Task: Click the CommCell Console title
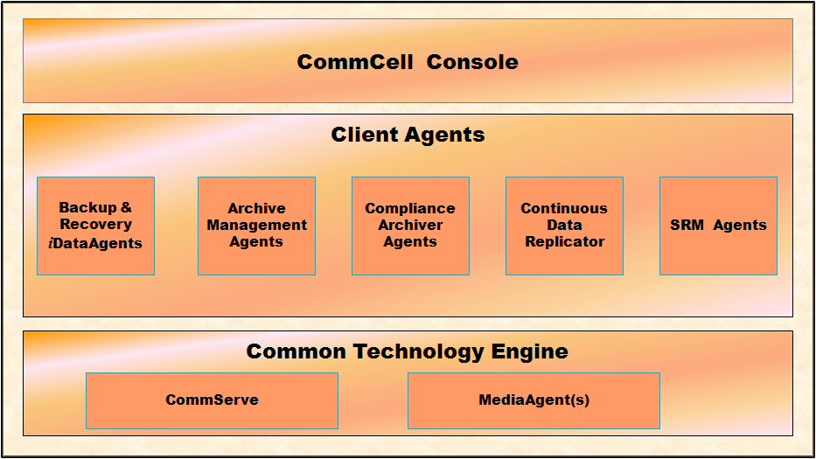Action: pos(408,62)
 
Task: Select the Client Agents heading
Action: pos(408,135)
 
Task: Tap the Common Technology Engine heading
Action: pos(407,351)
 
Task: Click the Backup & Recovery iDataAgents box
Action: pos(95,226)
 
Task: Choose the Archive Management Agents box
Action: pos(256,226)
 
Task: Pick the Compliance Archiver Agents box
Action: pos(410,226)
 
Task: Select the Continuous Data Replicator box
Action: pos(564,226)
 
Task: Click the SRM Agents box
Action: pos(718,226)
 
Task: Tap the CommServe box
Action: pos(212,400)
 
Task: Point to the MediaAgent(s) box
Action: pos(534,400)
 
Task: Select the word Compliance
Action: pos(410,208)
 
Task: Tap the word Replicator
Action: pos(564,242)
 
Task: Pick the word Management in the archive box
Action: pos(256,226)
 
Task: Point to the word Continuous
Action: pos(564,208)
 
